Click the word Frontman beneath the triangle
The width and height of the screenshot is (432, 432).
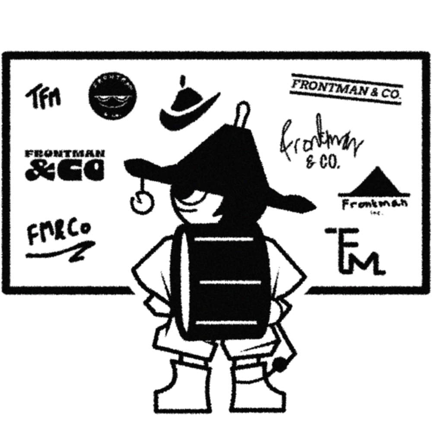click(374, 204)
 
